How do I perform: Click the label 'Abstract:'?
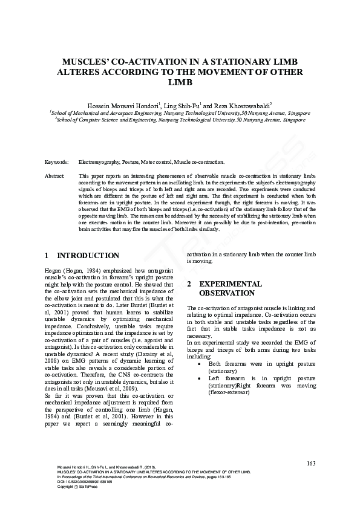[x=55, y=175]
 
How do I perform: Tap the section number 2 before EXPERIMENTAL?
[x=189, y=284]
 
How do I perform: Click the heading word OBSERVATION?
[x=227, y=293]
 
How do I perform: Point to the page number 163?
[x=311, y=464]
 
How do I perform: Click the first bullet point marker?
[x=200, y=364]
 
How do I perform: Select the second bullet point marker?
[x=200, y=378]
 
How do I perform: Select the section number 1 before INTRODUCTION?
[x=47, y=256]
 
